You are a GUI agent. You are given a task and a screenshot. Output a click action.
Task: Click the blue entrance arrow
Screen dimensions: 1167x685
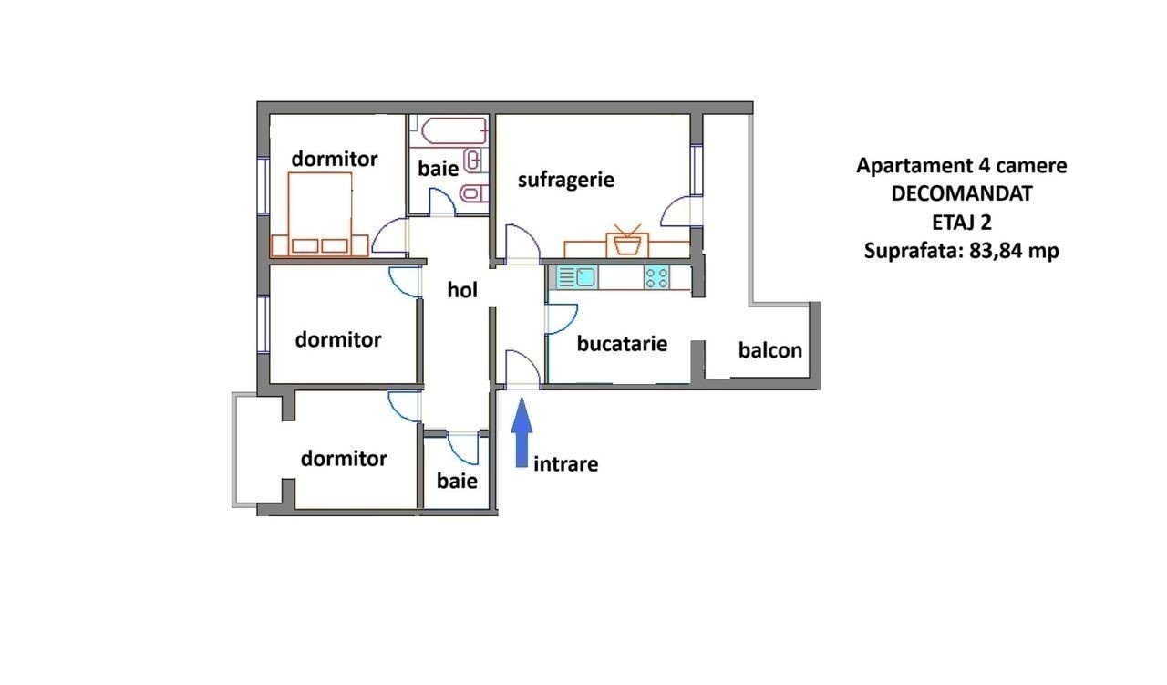tap(522, 432)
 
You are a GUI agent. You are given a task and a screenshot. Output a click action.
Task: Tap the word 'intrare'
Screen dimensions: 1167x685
tap(566, 463)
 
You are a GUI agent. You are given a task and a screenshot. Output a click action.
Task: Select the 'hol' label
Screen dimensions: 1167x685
tap(462, 290)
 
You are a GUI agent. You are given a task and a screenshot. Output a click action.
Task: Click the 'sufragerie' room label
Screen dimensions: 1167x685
tap(566, 181)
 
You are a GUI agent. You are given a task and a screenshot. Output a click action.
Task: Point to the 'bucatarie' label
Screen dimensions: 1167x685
tap(622, 344)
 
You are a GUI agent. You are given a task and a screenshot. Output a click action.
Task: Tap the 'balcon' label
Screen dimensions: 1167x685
tap(770, 350)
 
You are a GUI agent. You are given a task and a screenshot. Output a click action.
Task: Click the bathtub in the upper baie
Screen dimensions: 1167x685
tap(454, 130)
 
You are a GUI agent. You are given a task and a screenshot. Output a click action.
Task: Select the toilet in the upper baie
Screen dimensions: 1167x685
tap(474, 194)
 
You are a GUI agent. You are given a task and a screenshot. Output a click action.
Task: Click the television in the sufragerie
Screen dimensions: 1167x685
tap(627, 242)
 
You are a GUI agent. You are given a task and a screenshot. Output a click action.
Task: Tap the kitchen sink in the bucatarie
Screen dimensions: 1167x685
tap(577, 277)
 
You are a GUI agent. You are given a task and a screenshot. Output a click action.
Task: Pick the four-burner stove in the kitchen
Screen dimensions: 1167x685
tap(656, 277)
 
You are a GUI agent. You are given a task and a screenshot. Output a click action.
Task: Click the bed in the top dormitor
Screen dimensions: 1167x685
tap(320, 213)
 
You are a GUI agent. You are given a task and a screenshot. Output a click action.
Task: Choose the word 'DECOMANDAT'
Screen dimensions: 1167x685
tap(961, 193)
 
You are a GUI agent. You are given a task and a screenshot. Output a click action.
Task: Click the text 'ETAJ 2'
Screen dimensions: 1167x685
tap(961, 223)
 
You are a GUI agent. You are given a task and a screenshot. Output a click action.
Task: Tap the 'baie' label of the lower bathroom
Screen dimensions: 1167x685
tap(457, 481)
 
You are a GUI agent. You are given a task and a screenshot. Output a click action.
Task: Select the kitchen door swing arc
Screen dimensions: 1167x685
tap(562, 318)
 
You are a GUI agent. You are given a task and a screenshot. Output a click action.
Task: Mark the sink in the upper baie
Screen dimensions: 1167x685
tap(474, 160)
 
